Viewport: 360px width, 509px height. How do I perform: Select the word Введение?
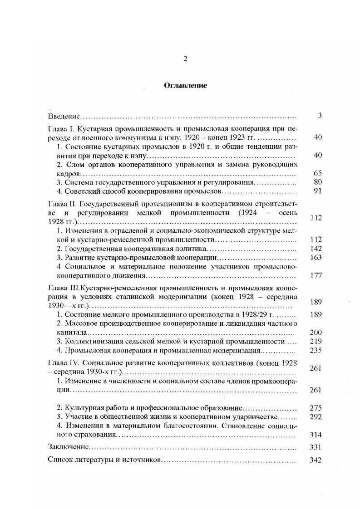point(64,116)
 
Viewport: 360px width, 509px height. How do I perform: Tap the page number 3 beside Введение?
point(320,116)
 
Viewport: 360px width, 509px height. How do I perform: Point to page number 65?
point(317,173)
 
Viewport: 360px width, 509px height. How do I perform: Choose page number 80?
point(317,182)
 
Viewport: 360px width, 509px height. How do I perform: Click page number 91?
point(317,191)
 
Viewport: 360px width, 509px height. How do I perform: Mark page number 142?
point(316,249)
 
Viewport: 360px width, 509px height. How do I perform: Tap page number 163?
point(316,257)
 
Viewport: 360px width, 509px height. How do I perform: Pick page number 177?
point(316,275)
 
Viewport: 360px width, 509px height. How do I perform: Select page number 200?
point(316,333)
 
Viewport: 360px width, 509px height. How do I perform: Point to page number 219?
point(316,341)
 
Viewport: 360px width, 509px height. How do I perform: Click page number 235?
point(316,350)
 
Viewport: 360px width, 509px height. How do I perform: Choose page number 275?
point(316,408)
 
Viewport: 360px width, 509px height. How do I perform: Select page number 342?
point(316,460)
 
